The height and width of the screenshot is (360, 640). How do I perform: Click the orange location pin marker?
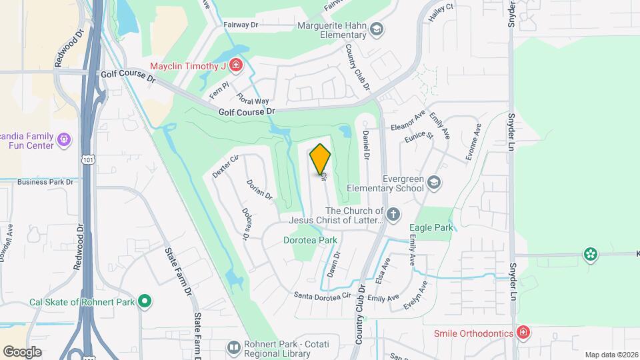[321, 159]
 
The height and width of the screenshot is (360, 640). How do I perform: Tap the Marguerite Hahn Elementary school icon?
[377, 29]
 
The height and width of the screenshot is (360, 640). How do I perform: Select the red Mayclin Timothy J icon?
[235, 65]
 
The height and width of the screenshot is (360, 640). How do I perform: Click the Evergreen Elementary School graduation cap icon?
[433, 183]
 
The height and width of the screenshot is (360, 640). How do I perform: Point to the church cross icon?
[393, 215]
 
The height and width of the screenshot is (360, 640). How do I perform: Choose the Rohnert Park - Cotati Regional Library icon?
[233, 347]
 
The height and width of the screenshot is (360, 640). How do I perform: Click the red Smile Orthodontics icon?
[524, 333]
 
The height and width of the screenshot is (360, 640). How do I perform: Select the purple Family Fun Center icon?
[64, 140]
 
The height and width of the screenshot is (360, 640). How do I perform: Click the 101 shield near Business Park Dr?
[87, 158]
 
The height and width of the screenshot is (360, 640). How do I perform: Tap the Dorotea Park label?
[310, 240]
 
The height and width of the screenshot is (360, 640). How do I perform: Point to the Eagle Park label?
[435, 227]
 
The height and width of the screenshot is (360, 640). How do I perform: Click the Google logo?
[23, 351]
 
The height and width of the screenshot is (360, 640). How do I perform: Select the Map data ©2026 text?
[611, 355]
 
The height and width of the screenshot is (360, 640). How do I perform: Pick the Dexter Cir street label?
[225, 166]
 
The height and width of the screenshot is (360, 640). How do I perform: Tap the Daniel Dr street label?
[366, 144]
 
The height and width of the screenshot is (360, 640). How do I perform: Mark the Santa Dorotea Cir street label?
[323, 295]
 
